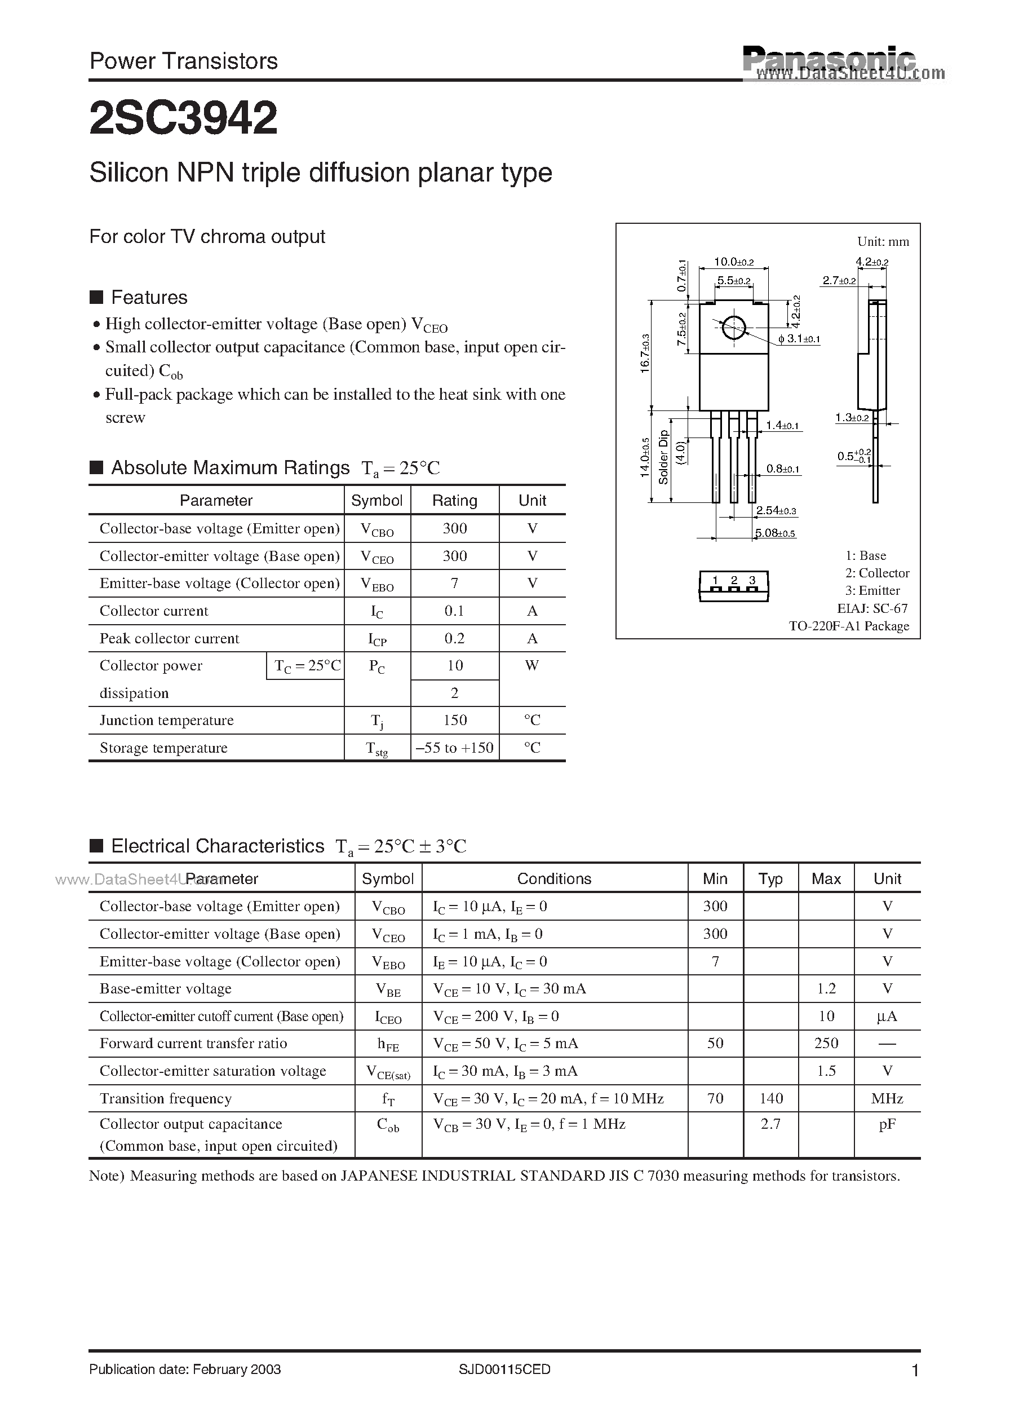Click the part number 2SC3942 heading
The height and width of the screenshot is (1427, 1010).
pyautogui.click(x=184, y=118)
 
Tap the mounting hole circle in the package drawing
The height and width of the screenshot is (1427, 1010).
pyautogui.click(x=734, y=327)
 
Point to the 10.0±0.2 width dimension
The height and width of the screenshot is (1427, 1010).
pyautogui.click(x=734, y=262)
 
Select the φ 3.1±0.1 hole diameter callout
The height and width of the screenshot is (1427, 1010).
pyautogui.click(x=799, y=339)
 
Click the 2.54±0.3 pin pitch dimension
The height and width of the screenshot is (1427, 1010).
pyautogui.click(x=776, y=511)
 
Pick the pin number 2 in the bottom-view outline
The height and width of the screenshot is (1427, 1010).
pyautogui.click(x=734, y=580)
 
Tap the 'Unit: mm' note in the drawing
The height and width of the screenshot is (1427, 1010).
pyautogui.click(x=883, y=241)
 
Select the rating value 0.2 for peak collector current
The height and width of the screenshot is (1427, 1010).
pyautogui.click(x=455, y=638)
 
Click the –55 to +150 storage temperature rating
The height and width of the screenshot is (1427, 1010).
pyautogui.click(x=455, y=748)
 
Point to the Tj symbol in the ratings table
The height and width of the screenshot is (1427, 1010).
pyautogui.click(x=377, y=721)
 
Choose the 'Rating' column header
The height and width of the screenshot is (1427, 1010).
pyautogui.click(x=455, y=501)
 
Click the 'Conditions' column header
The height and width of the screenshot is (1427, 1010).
pyautogui.click(x=554, y=879)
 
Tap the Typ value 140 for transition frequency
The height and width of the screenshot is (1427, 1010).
pyautogui.click(x=771, y=1098)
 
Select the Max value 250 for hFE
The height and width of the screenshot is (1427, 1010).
pyautogui.click(x=826, y=1043)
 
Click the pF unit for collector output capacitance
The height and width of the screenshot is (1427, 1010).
pyautogui.click(x=887, y=1124)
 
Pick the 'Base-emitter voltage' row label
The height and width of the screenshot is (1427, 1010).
pyautogui.click(x=166, y=988)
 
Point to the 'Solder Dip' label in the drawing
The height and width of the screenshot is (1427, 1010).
pyautogui.click(x=663, y=457)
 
